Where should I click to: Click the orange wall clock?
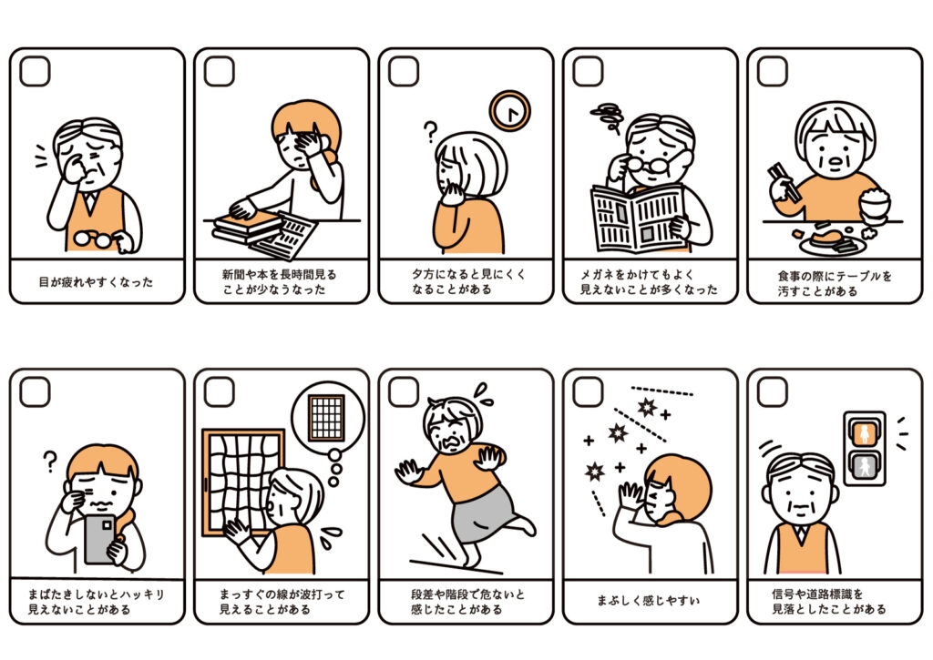pyautogui.click(x=510, y=110)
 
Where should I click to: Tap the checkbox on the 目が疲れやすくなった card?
pyautogui.click(x=35, y=71)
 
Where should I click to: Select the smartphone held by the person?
pyautogui.click(x=99, y=539)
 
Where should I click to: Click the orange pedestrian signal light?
pyautogui.click(x=864, y=432)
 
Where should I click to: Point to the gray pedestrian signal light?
pyautogui.click(x=864, y=465)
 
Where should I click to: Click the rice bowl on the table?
pyautogui.click(x=875, y=201)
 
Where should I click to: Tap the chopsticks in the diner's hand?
pyautogui.click(x=783, y=179)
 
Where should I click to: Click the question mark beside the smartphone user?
pyautogui.click(x=51, y=461)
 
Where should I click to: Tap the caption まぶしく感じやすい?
pyautogui.click(x=649, y=601)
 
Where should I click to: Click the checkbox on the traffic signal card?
pyautogui.click(x=773, y=391)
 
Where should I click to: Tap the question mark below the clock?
pyautogui.click(x=430, y=130)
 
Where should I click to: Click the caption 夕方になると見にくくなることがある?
pyautogui.click(x=468, y=282)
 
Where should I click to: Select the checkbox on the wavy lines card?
pyautogui.click(x=219, y=391)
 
